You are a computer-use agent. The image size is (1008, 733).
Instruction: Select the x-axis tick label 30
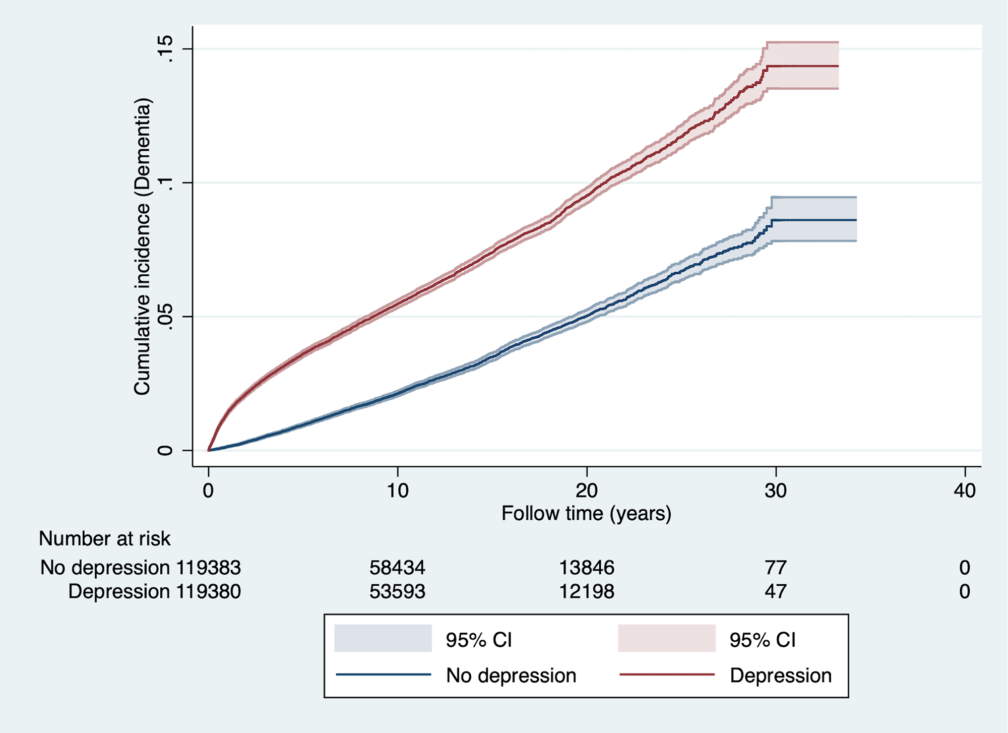coord(776,491)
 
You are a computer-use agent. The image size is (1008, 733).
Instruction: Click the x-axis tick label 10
coord(398,491)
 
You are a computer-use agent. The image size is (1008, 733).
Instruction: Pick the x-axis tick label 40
coord(965,491)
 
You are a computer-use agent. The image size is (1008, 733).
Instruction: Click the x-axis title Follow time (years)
coord(586,514)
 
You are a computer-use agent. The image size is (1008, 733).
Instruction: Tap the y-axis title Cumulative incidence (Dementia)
coord(142,246)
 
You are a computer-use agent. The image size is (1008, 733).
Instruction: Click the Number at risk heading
coord(105,539)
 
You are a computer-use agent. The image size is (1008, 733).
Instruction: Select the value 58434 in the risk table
coord(397,568)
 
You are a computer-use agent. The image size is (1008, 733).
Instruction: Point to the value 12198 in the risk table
coord(587,591)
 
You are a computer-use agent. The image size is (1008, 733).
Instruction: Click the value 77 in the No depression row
coord(776,568)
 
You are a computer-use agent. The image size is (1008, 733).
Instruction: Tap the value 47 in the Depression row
coord(776,591)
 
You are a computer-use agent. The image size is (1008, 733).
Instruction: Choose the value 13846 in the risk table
coord(587,568)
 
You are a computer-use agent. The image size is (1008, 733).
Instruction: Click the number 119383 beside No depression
coord(208,568)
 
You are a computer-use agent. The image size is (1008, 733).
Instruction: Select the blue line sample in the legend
coord(383,675)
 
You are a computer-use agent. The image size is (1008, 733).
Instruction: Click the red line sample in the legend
coord(666,675)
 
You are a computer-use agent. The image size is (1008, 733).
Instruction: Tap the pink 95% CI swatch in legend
coord(666,638)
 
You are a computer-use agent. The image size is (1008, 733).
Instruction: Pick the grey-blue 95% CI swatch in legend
coord(383,638)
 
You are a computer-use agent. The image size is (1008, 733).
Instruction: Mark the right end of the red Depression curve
coord(838,66)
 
